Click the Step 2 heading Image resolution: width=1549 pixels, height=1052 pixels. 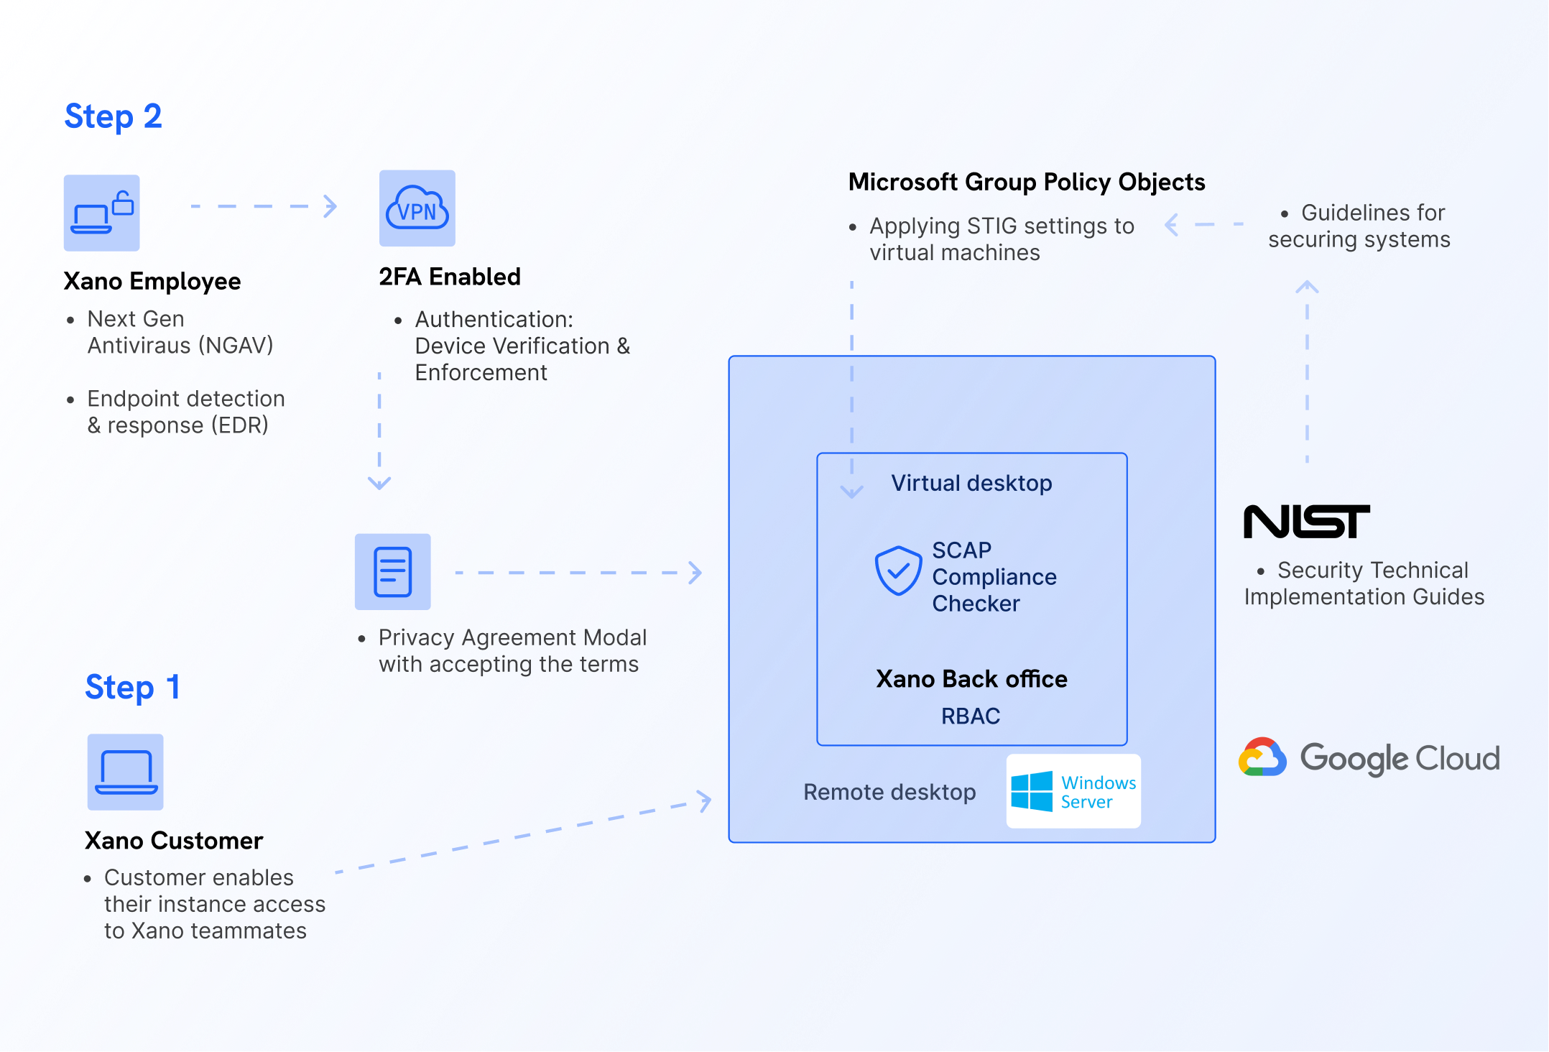(113, 116)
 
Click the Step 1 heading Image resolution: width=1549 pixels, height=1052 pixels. (132, 687)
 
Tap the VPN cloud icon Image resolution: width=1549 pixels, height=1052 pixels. (417, 208)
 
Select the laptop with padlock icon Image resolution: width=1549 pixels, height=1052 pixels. (102, 213)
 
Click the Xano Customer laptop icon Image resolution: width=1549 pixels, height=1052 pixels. (126, 772)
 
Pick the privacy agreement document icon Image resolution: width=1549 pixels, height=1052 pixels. (393, 572)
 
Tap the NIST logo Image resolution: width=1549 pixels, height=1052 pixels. (1306, 522)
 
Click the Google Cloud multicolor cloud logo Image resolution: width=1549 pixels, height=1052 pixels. (1262, 757)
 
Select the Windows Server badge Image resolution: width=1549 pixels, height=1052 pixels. (1073, 791)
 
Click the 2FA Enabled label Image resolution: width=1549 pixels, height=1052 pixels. (450, 277)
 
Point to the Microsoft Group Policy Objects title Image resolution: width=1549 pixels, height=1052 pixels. (1027, 183)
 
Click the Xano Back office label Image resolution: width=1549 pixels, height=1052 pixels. (971, 679)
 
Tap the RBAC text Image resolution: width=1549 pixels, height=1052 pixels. (971, 716)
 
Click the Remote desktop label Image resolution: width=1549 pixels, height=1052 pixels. (889, 792)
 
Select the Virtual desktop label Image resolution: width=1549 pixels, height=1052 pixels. (971, 483)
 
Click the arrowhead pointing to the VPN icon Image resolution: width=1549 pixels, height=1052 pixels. (330, 206)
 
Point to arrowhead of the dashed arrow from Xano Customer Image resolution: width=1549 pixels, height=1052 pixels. (705, 800)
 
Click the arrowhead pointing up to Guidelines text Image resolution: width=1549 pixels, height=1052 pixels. (1307, 287)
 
